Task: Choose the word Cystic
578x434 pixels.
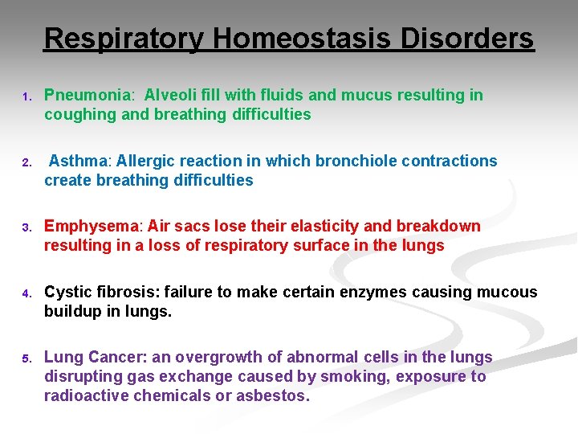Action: coord(67,293)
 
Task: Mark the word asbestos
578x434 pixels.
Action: coord(275,396)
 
